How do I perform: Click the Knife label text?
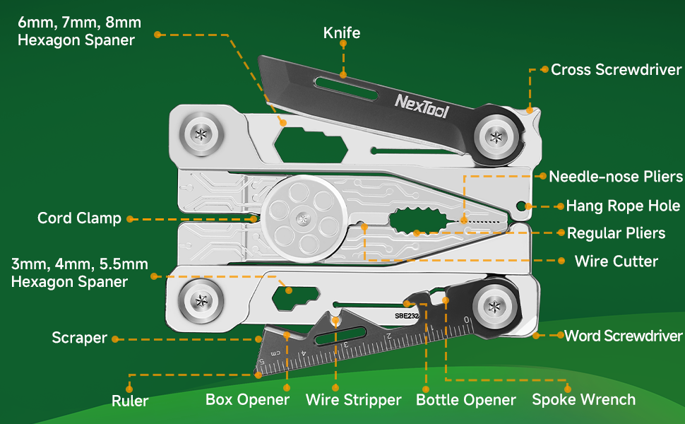pyautogui.click(x=342, y=33)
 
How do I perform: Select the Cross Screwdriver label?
pyautogui.click(x=616, y=69)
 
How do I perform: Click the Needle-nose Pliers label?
pyautogui.click(x=616, y=177)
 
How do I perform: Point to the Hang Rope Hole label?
pyautogui.click(x=623, y=206)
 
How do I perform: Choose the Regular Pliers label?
pyautogui.click(x=616, y=233)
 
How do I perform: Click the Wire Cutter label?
pyautogui.click(x=616, y=261)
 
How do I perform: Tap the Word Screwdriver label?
pyautogui.click(x=623, y=336)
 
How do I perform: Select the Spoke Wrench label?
pyautogui.click(x=583, y=399)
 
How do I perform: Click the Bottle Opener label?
pyautogui.click(x=465, y=399)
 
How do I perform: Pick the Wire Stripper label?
pyautogui.click(x=353, y=399)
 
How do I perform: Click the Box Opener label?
pyautogui.click(x=247, y=399)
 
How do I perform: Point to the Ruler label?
pyautogui.click(x=130, y=401)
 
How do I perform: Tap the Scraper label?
pyautogui.click(x=79, y=338)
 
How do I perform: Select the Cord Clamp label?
pyautogui.click(x=79, y=218)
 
